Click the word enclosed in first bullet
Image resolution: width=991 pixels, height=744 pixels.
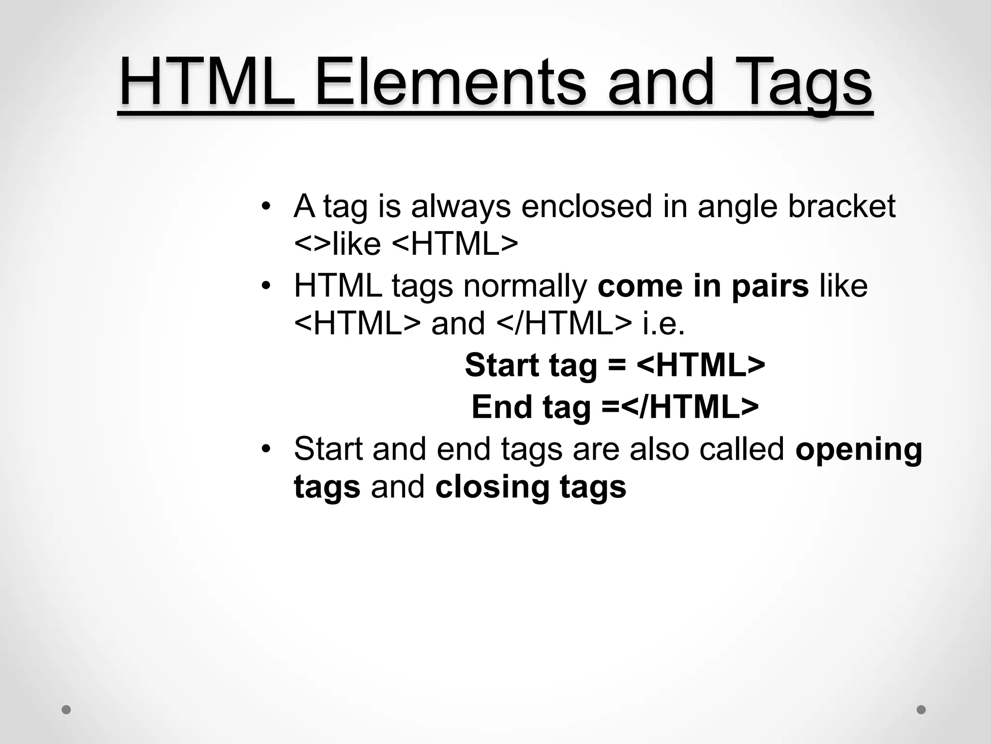[x=587, y=206]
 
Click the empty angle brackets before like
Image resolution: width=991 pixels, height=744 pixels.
[x=313, y=244]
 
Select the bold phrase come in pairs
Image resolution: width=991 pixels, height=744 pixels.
[x=703, y=286]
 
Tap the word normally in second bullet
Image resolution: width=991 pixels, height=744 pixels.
[x=525, y=286]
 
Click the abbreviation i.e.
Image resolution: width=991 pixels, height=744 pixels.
[x=663, y=324]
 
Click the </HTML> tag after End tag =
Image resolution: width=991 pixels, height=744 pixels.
[x=690, y=407]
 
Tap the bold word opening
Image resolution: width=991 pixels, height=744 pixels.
[x=859, y=449]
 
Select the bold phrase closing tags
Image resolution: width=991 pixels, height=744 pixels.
[x=530, y=487]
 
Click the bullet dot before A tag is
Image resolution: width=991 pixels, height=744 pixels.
[x=265, y=207]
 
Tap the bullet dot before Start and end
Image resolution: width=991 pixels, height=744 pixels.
[x=265, y=449]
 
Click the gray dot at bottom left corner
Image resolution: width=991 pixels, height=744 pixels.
[x=66, y=710]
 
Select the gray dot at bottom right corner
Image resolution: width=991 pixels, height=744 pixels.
[x=921, y=710]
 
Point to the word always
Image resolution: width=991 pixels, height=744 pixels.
[x=461, y=207]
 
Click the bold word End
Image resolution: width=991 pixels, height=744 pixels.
[x=502, y=407]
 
